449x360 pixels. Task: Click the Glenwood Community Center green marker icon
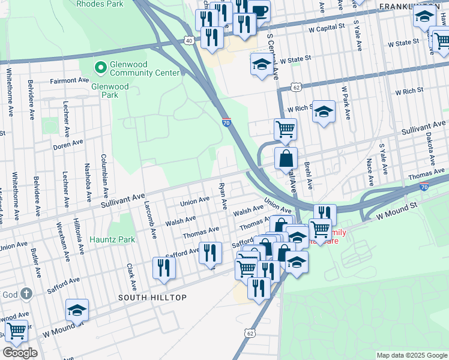click(x=100, y=65)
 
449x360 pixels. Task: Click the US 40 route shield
click(x=189, y=40)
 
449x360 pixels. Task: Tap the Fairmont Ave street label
click(x=69, y=80)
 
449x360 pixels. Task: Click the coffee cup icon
click(x=260, y=10)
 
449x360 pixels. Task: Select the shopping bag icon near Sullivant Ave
click(x=286, y=160)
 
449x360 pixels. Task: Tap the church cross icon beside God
click(x=26, y=293)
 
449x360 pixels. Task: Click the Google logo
click(x=20, y=352)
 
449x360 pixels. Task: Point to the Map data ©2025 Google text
click(x=411, y=355)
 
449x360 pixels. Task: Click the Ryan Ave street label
click(x=223, y=197)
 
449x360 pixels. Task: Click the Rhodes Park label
click(x=100, y=4)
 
